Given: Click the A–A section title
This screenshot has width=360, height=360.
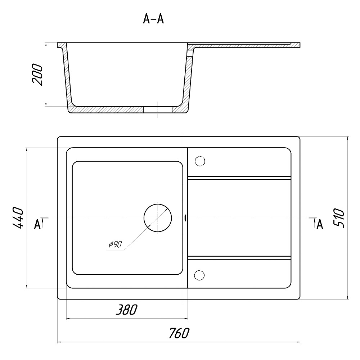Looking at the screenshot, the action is (153, 19).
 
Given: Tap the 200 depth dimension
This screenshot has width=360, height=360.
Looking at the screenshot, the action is (37, 75).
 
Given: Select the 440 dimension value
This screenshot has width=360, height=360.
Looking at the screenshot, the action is (18, 218).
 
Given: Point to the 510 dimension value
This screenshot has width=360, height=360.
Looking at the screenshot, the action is (339, 218).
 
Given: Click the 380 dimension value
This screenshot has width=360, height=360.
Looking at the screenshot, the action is (126, 310).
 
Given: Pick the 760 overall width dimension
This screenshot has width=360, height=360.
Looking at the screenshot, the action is (179, 333).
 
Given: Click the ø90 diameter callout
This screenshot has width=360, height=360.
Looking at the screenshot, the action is (115, 244).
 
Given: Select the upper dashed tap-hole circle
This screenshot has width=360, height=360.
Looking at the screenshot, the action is (200, 161).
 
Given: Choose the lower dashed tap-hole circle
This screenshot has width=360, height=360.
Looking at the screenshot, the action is (199, 275).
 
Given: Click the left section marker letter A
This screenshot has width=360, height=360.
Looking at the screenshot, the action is (37, 224).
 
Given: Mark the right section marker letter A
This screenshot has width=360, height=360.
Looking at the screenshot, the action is (320, 224).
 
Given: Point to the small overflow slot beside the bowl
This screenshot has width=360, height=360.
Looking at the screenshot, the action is (185, 218).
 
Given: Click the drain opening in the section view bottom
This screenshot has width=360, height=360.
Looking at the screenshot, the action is (158, 109).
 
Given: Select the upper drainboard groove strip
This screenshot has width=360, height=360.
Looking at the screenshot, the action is (239, 178).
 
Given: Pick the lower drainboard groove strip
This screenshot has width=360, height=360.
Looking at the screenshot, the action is (239, 258).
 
